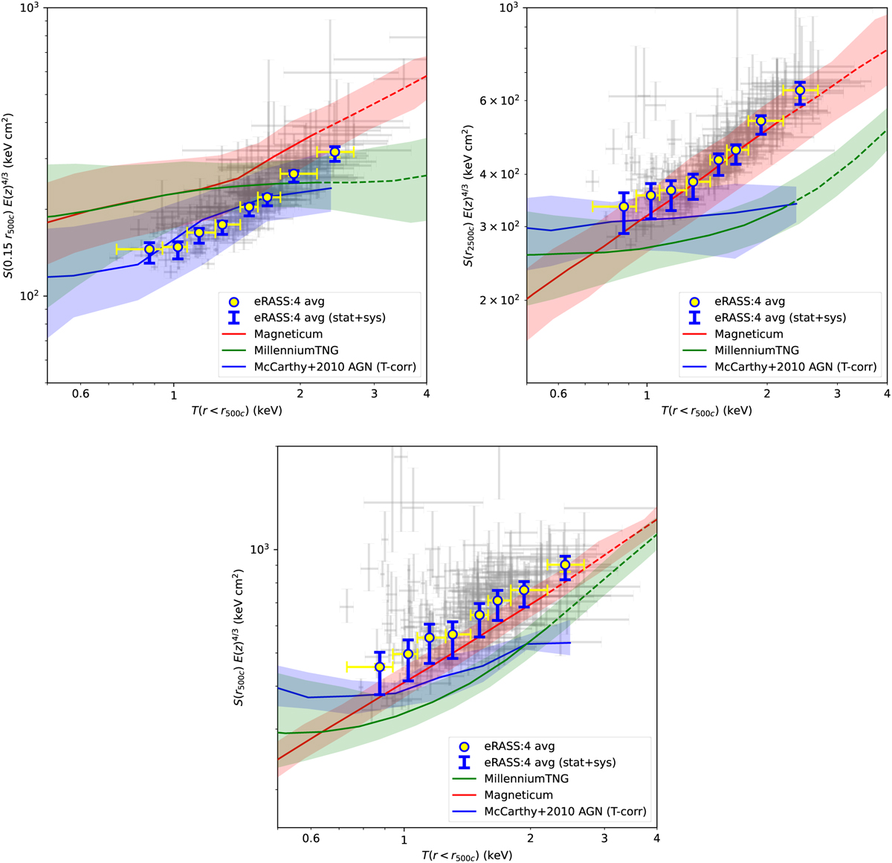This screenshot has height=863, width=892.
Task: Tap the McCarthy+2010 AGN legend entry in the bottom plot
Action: [565, 812]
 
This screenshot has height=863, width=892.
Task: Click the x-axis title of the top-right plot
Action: [706, 410]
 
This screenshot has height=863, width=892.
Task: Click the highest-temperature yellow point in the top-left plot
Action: [334, 153]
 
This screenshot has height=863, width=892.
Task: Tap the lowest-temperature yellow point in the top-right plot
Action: [624, 206]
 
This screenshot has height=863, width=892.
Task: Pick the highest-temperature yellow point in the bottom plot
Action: [565, 565]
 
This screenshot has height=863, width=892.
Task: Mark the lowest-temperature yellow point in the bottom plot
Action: [380, 667]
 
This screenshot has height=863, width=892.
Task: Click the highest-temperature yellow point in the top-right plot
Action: [800, 90]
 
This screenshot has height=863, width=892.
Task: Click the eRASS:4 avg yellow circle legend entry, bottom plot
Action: [520, 746]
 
